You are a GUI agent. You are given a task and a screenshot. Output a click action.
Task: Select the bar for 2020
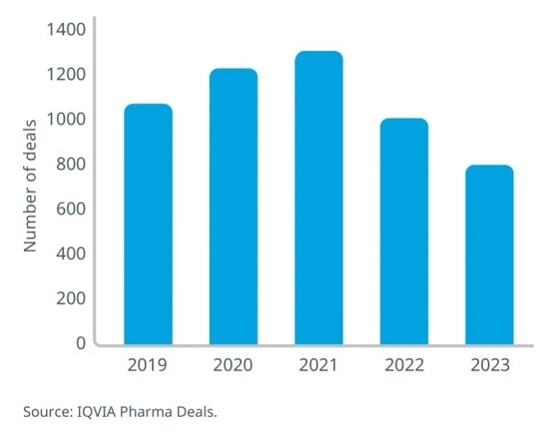tap(233, 207)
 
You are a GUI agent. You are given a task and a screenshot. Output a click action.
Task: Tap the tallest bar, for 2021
tap(318, 198)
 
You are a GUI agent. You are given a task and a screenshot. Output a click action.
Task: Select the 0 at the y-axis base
tap(81, 343)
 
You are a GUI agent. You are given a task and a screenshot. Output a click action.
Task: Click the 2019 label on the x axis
tap(147, 365)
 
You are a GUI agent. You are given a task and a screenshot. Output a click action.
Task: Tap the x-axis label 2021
tap(318, 365)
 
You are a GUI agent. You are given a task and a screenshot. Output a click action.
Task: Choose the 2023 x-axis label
tap(490, 365)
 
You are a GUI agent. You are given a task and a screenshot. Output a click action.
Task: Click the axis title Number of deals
tap(30, 186)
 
